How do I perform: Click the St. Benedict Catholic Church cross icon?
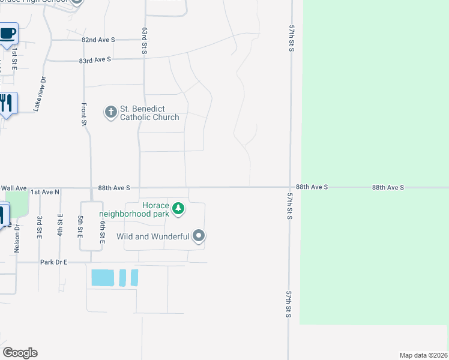pos(110,112)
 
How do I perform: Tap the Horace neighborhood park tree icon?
pos(178,209)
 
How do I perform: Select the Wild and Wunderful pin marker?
pos(199,236)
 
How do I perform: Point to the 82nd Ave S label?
pos(98,40)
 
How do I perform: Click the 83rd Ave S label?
pos(96,59)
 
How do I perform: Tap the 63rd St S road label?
pos(145,41)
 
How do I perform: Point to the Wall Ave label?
pos(14,188)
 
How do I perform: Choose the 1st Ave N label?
pos(46,191)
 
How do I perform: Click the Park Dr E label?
pos(54,262)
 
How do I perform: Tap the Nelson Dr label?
pos(17,239)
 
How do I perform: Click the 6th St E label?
pos(103,229)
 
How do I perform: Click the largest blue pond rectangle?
pos(102,278)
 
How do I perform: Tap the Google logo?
pos(20,353)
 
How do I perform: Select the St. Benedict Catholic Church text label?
pos(149,113)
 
